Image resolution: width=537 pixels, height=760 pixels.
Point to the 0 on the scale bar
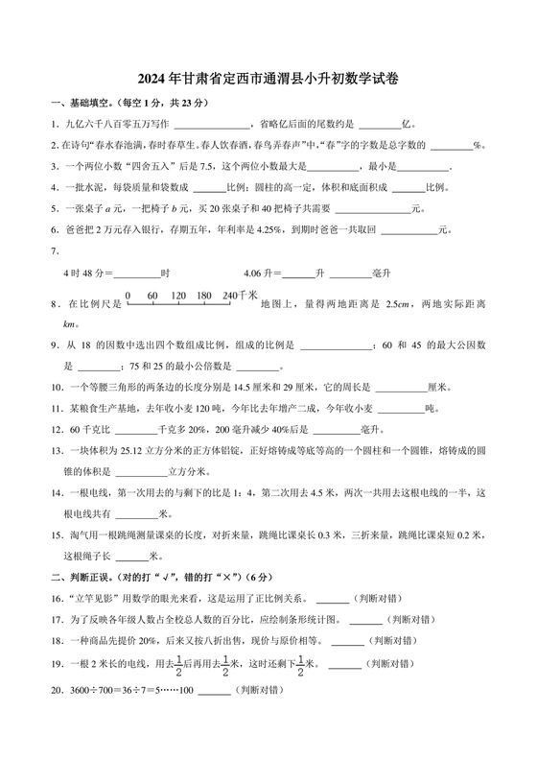coord(128,296)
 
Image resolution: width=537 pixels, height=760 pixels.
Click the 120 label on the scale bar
coord(177,296)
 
